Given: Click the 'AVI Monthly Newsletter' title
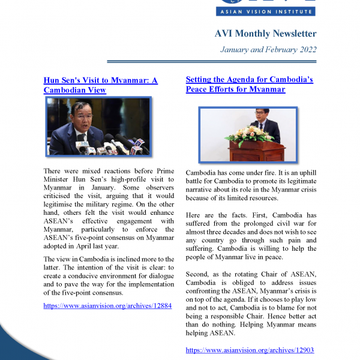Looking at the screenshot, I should (x=265, y=34).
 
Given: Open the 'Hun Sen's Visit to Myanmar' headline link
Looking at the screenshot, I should (x=100, y=80).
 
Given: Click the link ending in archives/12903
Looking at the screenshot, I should (x=250, y=350).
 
